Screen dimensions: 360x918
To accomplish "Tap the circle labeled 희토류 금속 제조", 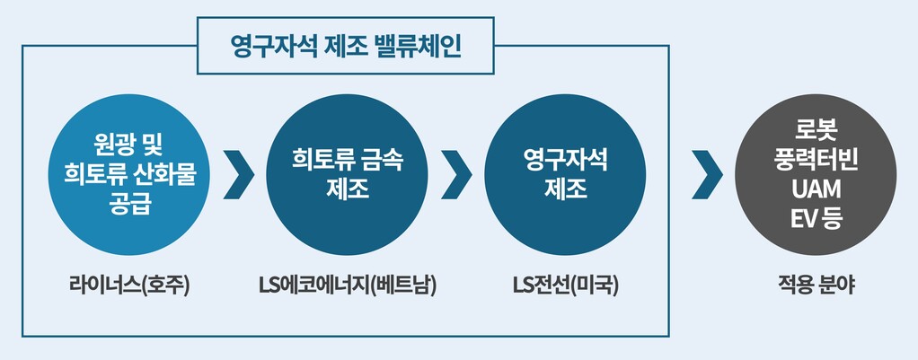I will point(347,176).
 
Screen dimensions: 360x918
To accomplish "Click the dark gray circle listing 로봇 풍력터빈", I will point(815,175).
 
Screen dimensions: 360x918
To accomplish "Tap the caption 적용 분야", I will point(816,286).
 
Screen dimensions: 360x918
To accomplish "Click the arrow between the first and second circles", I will point(239,176).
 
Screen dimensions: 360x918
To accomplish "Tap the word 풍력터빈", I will point(816,162).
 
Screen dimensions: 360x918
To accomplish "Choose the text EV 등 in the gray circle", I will point(816,217).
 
